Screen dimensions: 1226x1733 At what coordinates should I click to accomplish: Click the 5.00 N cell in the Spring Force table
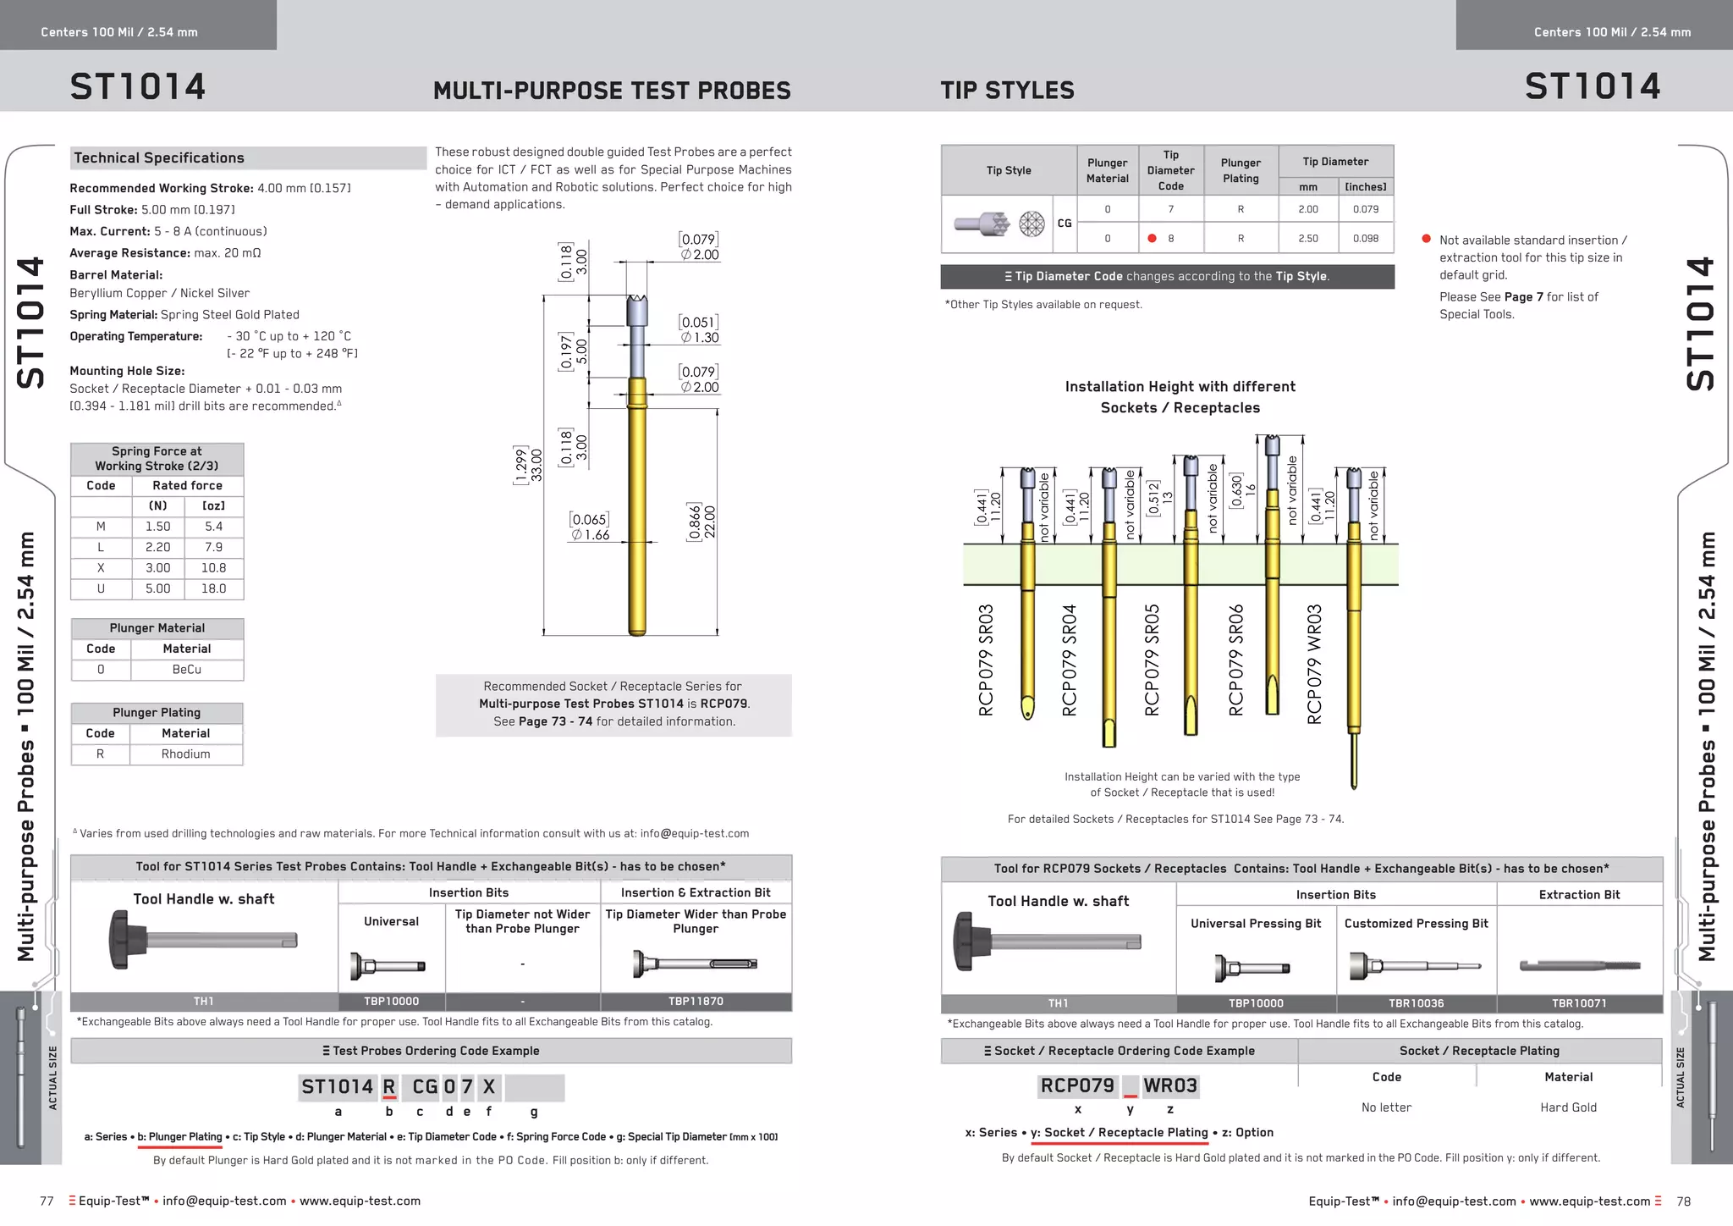(158, 588)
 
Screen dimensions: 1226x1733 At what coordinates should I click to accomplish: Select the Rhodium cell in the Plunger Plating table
(185, 754)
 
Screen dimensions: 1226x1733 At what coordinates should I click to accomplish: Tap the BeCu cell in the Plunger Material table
(187, 669)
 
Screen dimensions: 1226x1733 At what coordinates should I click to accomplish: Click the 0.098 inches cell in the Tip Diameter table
(1365, 239)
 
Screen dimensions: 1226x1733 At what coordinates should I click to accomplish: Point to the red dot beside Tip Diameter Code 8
(1152, 239)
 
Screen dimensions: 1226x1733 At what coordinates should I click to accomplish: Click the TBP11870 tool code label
(696, 1002)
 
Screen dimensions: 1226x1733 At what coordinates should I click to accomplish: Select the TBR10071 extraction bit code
(1579, 1003)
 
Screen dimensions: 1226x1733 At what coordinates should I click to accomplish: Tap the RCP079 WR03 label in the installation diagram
(1314, 664)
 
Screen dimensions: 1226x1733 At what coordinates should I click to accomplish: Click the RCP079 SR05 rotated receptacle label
(1152, 660)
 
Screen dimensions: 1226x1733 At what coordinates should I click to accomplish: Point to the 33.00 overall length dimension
(536, 465)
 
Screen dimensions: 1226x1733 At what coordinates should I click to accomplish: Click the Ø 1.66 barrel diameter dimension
(590, 535)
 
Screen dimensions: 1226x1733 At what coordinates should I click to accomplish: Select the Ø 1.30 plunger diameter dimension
(699, 338)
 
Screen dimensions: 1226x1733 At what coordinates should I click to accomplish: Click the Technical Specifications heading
(159, 158)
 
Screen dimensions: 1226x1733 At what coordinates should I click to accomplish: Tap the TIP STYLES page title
(1007, 91)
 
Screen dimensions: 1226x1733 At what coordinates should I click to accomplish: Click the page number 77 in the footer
(47, 1201)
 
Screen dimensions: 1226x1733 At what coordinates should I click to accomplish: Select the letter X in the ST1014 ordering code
(489, 1087)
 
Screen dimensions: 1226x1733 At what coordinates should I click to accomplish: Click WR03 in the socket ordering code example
(1170, 1086)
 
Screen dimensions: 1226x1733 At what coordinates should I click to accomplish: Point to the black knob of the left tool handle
(127, 939)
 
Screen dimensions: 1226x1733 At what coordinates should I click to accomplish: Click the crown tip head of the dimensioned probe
(637, 311)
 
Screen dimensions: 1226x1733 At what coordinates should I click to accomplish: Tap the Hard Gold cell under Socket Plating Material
(1568, 1107)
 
